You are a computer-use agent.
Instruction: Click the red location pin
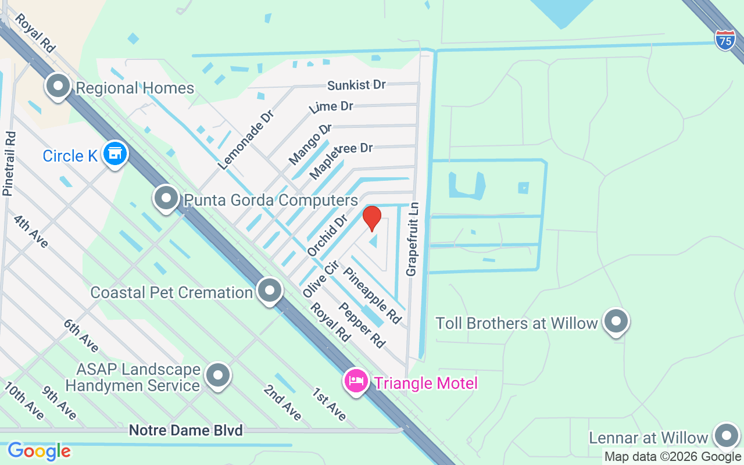pyautogui.click(x=371, y=218)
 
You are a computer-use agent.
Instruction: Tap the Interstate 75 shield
pyautogui.click(x=725, y=40)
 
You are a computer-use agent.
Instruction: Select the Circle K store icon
pyautogui.click(x=115, y=154)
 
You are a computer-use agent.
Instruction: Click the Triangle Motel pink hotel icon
pyautogui.click(x=356, y=382)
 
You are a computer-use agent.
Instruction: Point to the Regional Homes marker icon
pyautogui.click(x=58, y=87)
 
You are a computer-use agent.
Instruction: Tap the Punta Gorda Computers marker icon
pyautogui.click(x=166, y=198)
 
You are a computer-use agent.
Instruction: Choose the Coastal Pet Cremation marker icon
pyautogui.click(x=269, y=291)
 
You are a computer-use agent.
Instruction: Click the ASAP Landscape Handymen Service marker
pyautogui.click(x=218, y=375)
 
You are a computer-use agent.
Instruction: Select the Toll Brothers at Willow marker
pyautogui.click(x=616, y=321)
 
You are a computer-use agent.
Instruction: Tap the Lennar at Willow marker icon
pyautogui.click(x=726, y=436)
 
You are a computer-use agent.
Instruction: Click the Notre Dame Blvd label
pyautogui.click(x=185, y=430)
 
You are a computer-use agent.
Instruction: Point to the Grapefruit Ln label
pyautogui.click(x=412, y=239)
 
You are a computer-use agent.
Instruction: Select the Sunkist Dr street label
pyautogui.click(x=356, y=85)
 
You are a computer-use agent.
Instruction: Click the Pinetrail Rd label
pyautogui.click(x=9, y=163)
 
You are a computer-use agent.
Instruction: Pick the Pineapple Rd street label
pyautogui.click(x=372, y=295)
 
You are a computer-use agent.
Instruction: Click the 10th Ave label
pyautogui.click(x=24, y=400)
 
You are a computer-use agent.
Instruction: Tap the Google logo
pyautogui.click(x=39, y=451)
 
